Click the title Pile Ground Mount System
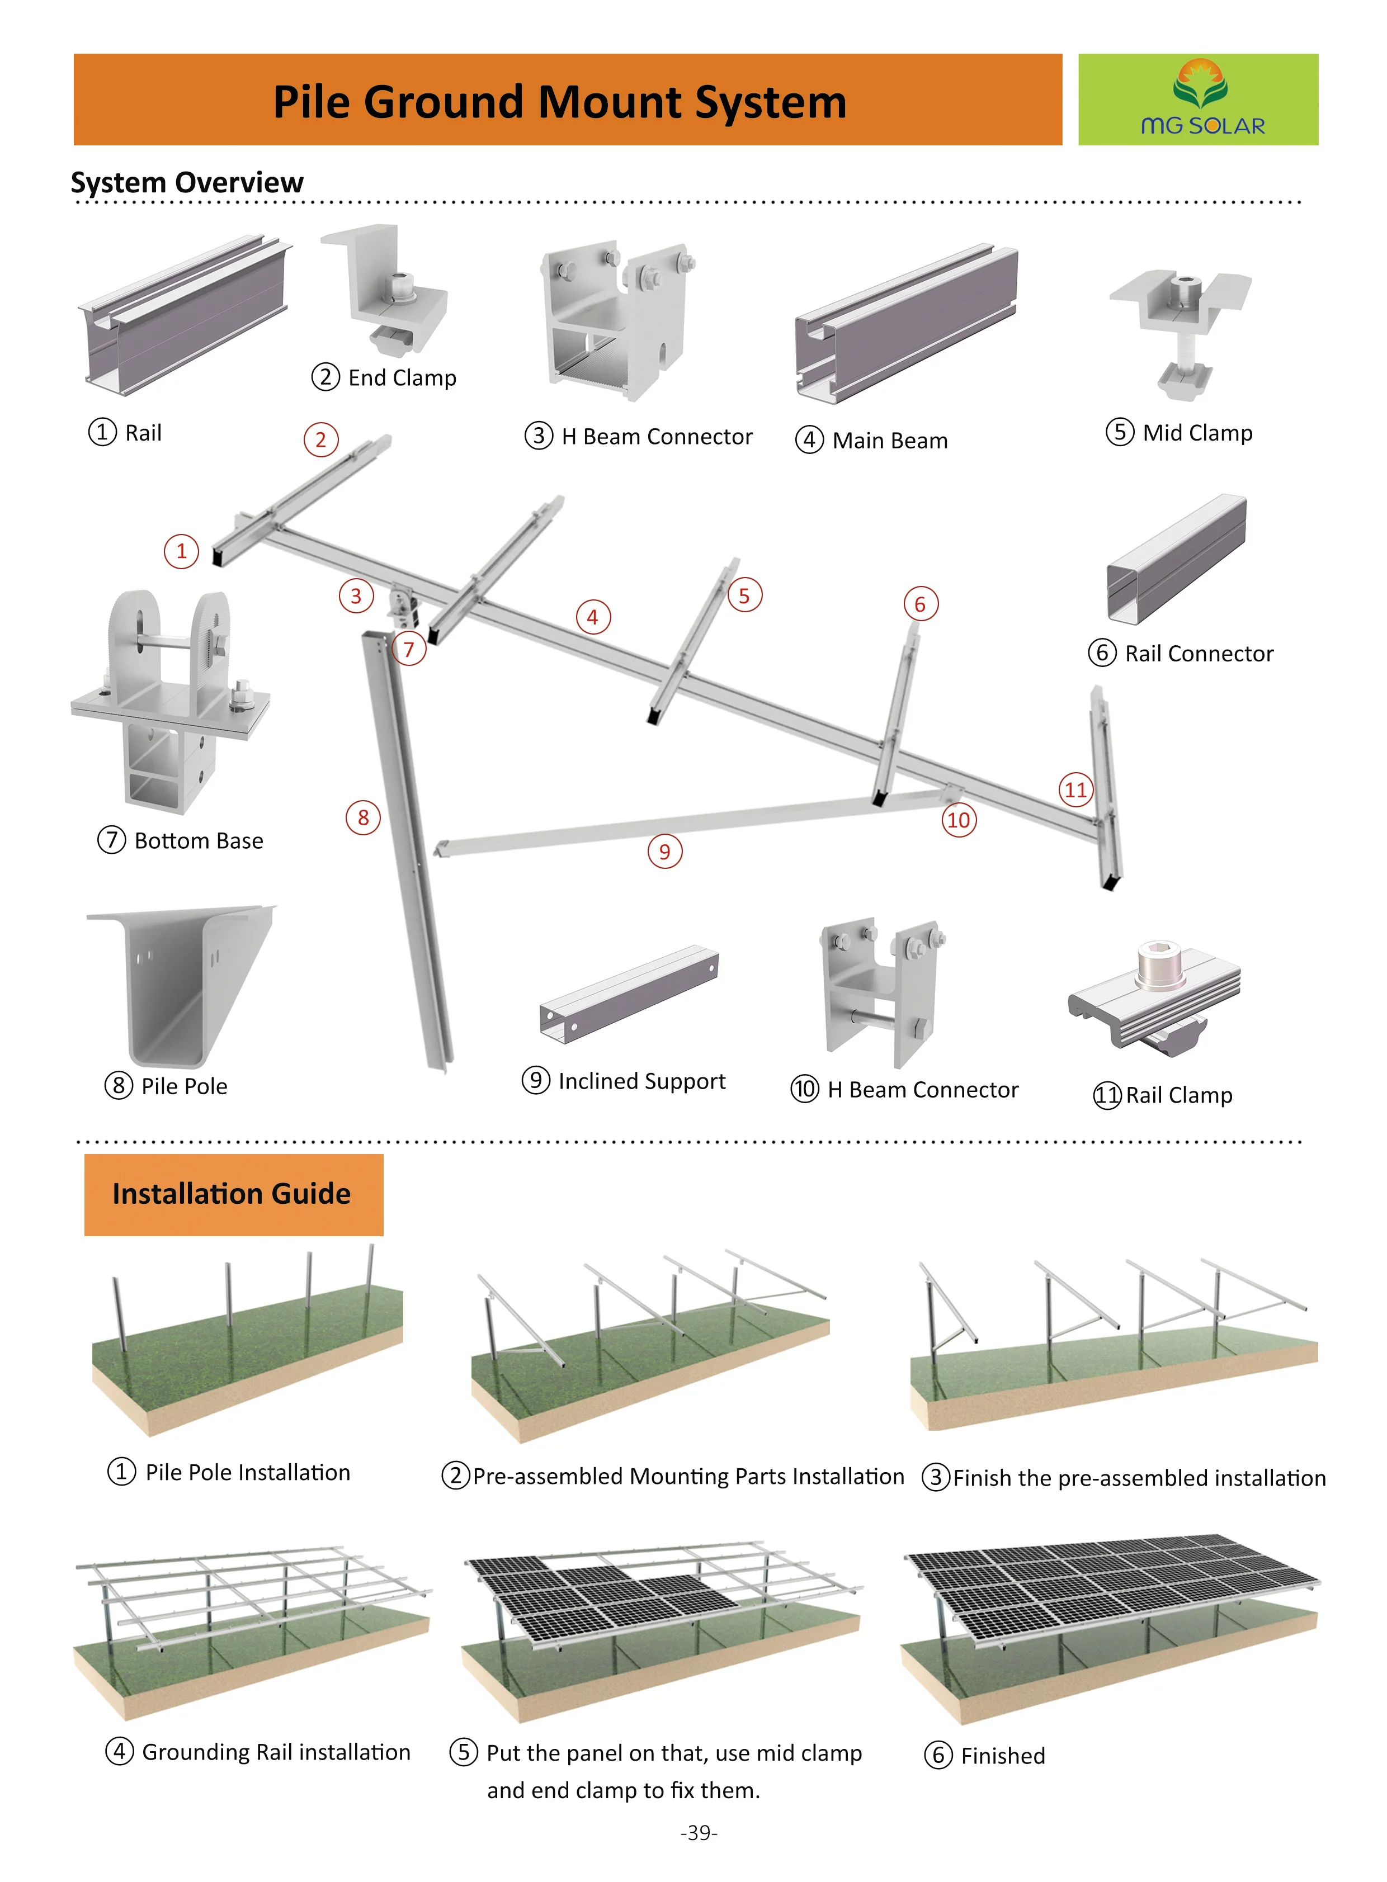560,102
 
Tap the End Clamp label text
402,378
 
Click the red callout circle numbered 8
363,817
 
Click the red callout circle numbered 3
356,596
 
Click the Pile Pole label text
184,1086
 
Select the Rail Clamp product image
1154,999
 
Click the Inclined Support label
641,1081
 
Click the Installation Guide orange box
233,1194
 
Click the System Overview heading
187,182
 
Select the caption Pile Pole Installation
248,1472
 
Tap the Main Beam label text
889,441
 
